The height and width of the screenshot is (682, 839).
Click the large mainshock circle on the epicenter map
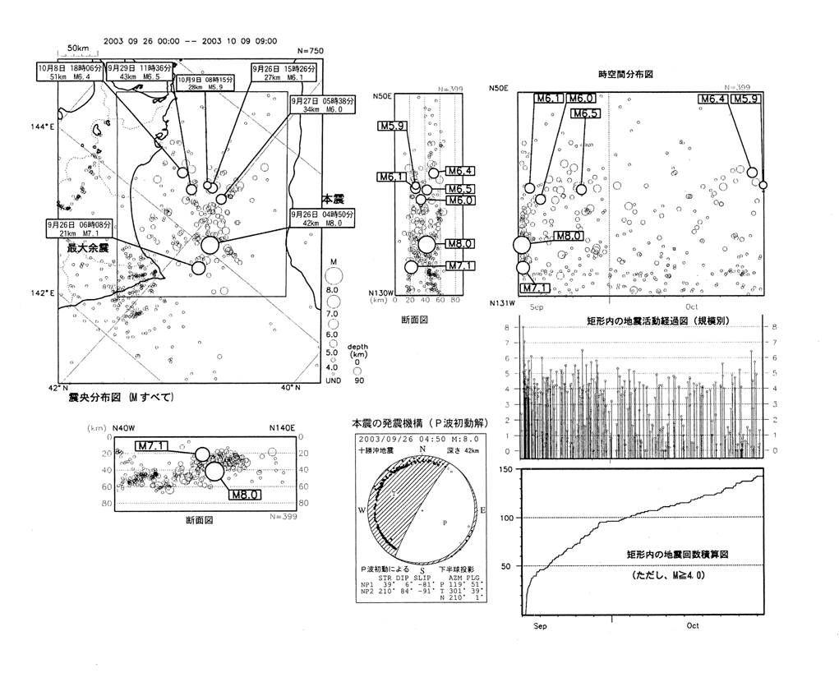pyautogui.click(x=210, y=244)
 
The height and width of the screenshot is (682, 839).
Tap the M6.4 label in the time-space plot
pyautogui.click(x=712, y=99)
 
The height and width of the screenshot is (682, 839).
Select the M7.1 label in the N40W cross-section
pyautogui.click(x=154, y=446)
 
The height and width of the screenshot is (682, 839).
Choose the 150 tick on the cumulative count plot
pyautogui.click(x=507, y=468)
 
